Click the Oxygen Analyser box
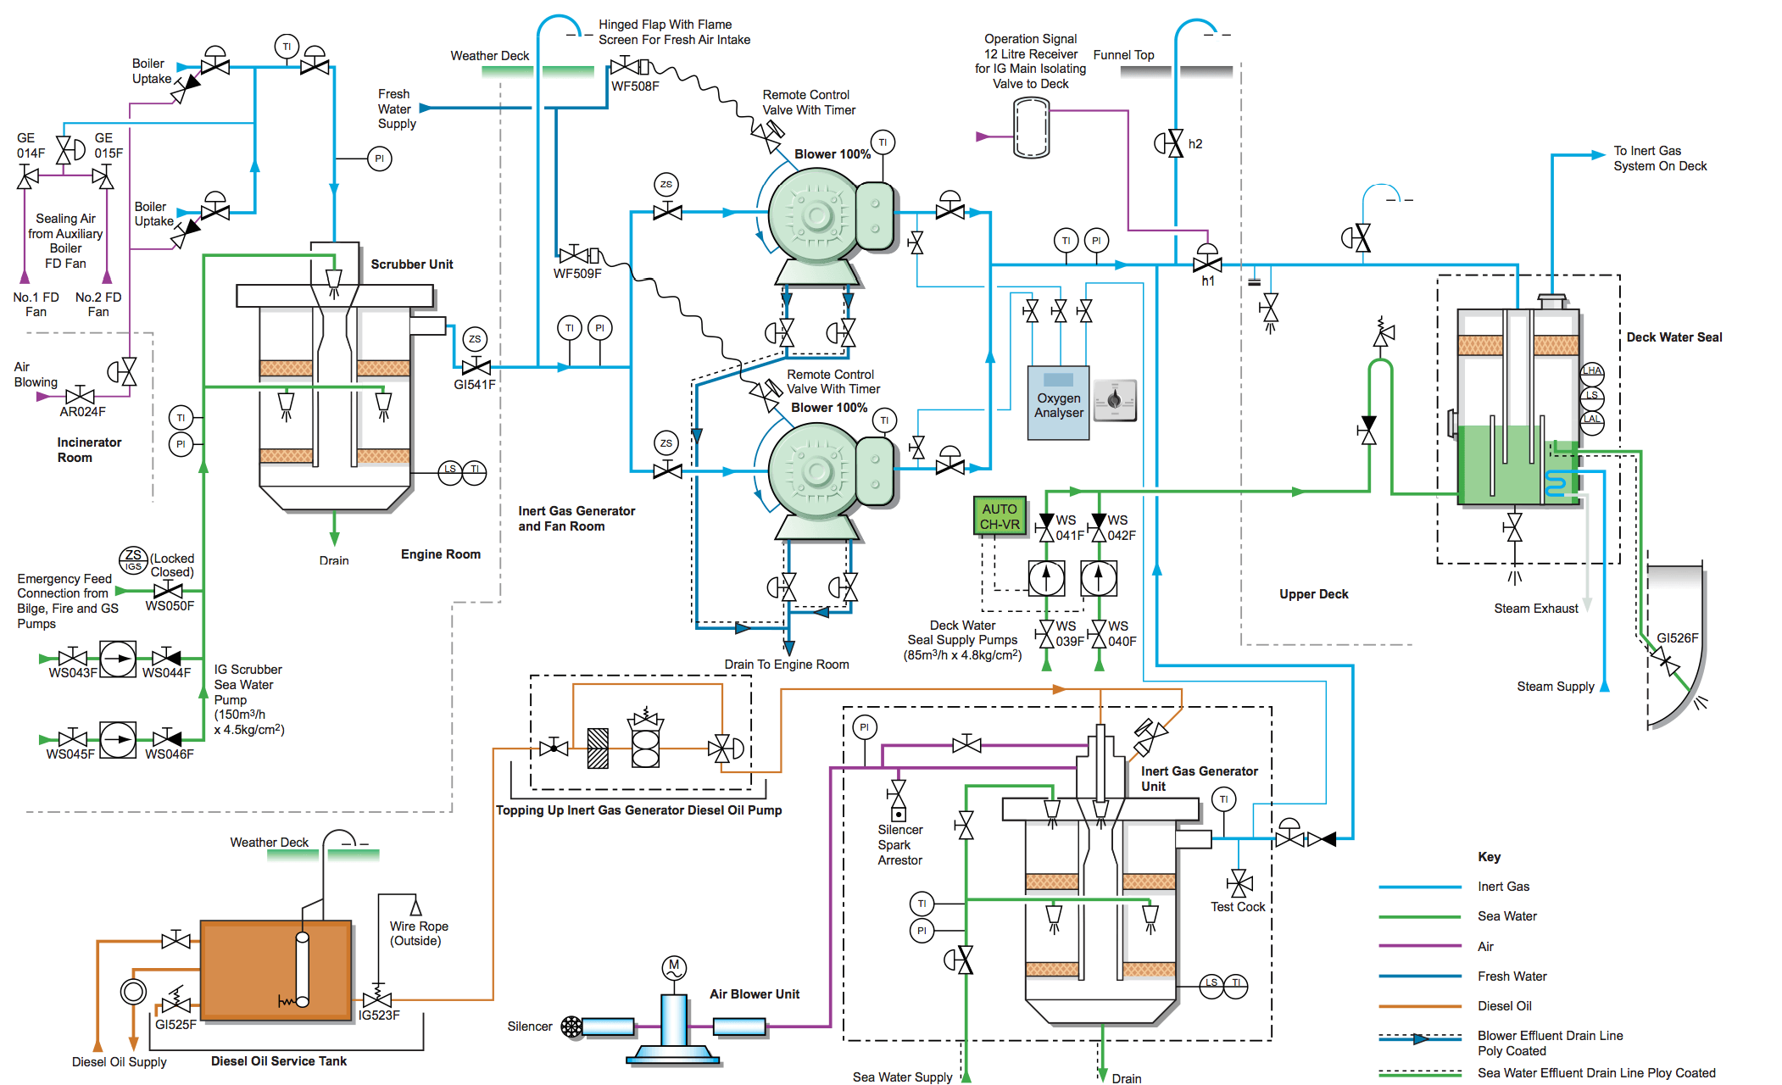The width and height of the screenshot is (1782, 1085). pos(1058,403)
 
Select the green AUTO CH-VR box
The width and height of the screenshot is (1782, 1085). pos(1000,516)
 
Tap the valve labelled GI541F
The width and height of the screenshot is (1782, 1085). pos(476,367)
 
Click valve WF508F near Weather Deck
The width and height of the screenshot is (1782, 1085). pos(626,66)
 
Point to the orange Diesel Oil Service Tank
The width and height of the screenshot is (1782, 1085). pos(276,971)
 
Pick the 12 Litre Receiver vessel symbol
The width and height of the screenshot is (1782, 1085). pos(1032,128)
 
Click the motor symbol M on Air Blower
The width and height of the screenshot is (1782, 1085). pos(674,965)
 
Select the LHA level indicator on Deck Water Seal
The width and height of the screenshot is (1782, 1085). pos(1592,370)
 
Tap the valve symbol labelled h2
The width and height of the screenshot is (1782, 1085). pos(1174,143)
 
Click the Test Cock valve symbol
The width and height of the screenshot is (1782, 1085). pos(1239,883)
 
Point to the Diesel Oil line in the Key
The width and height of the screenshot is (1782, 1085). pos(1420,1006)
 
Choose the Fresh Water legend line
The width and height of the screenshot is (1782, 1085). pos(1420,976)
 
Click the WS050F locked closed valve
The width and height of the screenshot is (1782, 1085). pos(169,590)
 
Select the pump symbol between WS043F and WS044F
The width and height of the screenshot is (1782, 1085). pos(118,658)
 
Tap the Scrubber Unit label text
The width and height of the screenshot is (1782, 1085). pos(411,264)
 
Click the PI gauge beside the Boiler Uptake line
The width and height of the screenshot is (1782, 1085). pos(379,159)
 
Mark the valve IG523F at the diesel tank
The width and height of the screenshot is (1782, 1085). pos(376,999)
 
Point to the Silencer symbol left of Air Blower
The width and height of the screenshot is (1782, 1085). pos(572,1027)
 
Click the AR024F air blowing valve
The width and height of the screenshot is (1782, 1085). pos(80,396)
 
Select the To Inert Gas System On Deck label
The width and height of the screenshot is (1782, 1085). pos(1659,159)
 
